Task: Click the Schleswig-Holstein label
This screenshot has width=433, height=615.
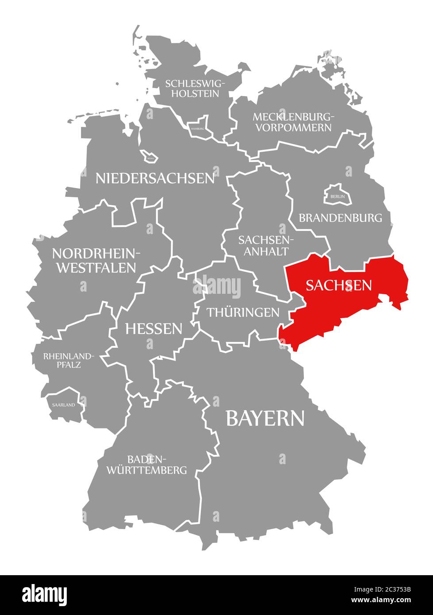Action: pyautogui.click(x=195, y=88)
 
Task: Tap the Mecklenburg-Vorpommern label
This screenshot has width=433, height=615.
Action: pyautogui.click(x=293, y=122)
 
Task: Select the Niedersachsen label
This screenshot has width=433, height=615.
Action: pyautogui.click(x=155, y=178)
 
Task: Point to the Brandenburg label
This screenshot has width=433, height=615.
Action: pyautogui.click(x=340, y=218)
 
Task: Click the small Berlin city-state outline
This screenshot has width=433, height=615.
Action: pyautogui.click(x=337, y=195)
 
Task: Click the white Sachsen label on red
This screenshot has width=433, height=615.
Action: pyautogui.click(x=338, y=285)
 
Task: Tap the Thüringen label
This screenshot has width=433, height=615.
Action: pyautogui.click(x=243, y=312)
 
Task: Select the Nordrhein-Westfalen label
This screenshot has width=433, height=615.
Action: pyautogui.click(x=96, y=260)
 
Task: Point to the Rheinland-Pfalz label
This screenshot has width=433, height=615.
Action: pyautogui.click(x=69, y=361)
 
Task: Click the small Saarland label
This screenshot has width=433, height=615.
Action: pyautogui.click(x=63, y=404)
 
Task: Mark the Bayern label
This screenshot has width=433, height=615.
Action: pyautogui.click(x=265, y=418)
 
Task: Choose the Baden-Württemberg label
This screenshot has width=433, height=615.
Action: pyautogui.click(x=146, y=464)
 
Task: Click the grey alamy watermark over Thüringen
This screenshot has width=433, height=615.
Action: pyautogui.click(x=217, y=288)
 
